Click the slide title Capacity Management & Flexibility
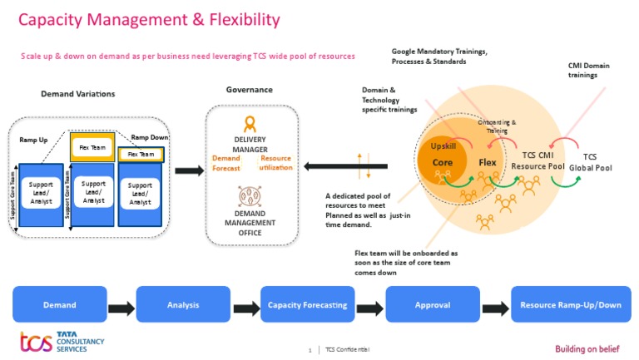[149, 19]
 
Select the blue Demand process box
[59, 304]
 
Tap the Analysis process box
[183, 304]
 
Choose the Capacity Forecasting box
[308, 304]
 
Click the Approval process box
[433, 304]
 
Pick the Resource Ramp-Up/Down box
[570, 304]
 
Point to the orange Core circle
[443, 163]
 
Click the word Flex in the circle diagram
[488, 163]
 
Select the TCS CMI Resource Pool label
[537, 160]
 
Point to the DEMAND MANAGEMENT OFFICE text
[250, 223]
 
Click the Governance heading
[249, 90]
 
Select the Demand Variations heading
[78, 94]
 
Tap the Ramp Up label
[33, 141]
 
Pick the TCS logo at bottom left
[36, 343]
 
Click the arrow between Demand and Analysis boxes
[121, 309]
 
